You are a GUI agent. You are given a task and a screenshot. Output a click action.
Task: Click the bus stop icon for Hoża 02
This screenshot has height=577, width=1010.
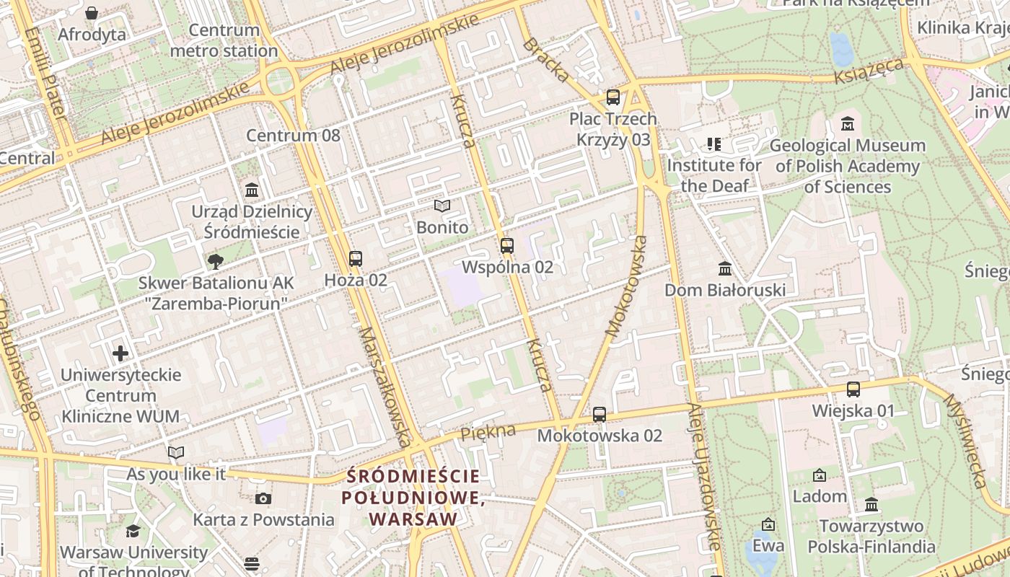(x=355, y=258)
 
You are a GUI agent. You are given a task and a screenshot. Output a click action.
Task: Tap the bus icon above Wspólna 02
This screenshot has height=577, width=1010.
(x=507, y=245)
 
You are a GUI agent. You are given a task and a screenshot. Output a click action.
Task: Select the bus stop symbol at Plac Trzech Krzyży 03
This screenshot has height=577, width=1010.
(x=613, y=97)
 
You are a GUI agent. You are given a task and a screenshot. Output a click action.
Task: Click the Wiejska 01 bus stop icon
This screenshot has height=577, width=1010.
(x=853, y=389)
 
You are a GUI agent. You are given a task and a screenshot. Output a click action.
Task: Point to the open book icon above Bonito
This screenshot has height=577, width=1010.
(x=442, y=206)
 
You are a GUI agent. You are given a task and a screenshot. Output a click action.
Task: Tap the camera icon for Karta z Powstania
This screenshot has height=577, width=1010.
(x=263, y=498)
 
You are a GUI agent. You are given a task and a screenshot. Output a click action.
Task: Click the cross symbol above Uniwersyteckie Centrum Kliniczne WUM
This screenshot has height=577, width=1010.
(x=120, y=353)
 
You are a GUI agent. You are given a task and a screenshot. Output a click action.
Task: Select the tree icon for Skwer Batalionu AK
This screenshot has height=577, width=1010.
(x=214, y=261)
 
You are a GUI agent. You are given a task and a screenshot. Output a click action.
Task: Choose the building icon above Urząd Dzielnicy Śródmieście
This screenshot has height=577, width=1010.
(x=252, y=190)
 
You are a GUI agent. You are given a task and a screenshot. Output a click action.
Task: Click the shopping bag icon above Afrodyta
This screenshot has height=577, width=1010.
(x=92, y=13)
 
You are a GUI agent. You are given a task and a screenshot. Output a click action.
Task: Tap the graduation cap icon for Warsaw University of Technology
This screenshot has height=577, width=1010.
(x=133, y=532)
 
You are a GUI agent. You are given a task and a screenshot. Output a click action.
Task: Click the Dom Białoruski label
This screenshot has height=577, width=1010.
(x=724, y=290)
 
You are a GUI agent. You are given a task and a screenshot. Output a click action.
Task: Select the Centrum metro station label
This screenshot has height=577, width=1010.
(x=224, y=40)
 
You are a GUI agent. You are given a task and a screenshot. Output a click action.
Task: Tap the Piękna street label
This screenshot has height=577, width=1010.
(x=488, y=432)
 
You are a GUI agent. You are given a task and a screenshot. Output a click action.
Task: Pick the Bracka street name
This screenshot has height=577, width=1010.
(x=546, y=60)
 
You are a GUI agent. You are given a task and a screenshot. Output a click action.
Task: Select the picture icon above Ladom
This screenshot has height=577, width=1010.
(x=820, y=475)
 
